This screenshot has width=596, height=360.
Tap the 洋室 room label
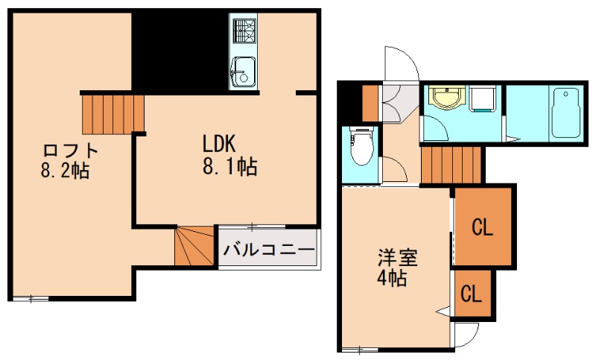[x=396, y=259]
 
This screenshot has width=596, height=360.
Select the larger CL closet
[x=482, y=227]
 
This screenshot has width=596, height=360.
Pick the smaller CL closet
[x=471, y=294]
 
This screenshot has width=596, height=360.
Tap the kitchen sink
[x=243, y=72]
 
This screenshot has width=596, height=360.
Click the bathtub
[x=567, y=113]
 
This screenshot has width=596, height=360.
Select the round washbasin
[x=446, y=98]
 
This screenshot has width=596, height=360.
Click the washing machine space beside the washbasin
[x=483, y=98]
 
